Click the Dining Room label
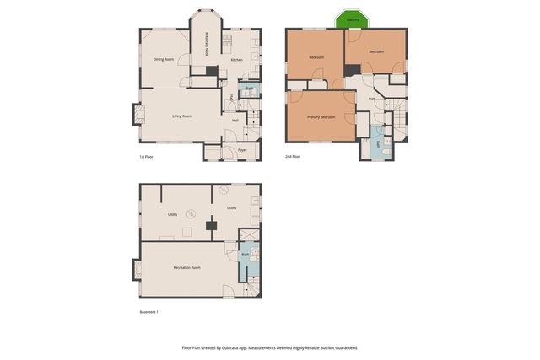tap(164, 59)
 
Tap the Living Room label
tap(182, 116)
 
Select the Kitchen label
tap(237, 59)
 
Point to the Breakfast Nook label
tap(208, 45)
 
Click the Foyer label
tap(242, 150)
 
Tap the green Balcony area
tap(354, 19)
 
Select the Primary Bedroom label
tap(321, 116)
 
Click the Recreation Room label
tap(186, 267)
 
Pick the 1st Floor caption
tap(147, 156)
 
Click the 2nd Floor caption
tap(293, 156)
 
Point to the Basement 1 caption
tap(148, 312)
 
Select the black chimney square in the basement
tap(211, 226)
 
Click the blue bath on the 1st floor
tap(250, 89)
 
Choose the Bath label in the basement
tap(246, 254)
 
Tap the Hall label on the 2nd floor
tap(371, 99)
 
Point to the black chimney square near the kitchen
tap(213, 72)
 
